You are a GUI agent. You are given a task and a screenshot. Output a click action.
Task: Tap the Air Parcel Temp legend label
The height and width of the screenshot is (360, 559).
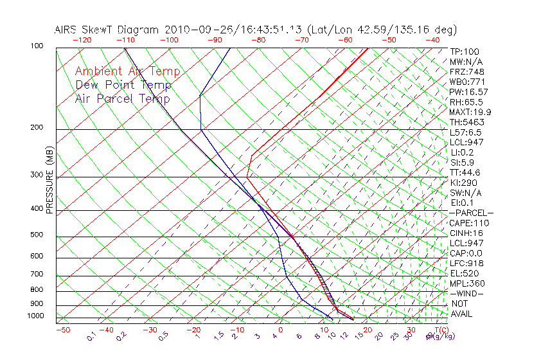tap(122, 98)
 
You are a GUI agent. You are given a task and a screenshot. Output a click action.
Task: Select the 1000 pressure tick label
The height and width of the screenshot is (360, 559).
tap(36, 316)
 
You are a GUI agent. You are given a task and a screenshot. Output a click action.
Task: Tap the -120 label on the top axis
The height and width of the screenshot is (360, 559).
tap(82, 40)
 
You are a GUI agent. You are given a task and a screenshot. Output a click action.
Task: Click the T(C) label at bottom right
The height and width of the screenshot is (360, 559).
tap(441, 330)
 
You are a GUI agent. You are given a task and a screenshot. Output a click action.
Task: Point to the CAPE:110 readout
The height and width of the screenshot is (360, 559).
tap(467, 222)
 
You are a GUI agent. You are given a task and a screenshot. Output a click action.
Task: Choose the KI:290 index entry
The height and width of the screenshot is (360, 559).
tap(463, 183)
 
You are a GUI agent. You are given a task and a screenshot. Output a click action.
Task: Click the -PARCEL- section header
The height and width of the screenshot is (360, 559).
tap(472, 213)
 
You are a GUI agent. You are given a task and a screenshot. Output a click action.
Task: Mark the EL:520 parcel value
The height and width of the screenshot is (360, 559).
tap(463, 273)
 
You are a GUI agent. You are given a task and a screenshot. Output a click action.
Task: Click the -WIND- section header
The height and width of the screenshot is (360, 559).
tap(467, 293)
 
